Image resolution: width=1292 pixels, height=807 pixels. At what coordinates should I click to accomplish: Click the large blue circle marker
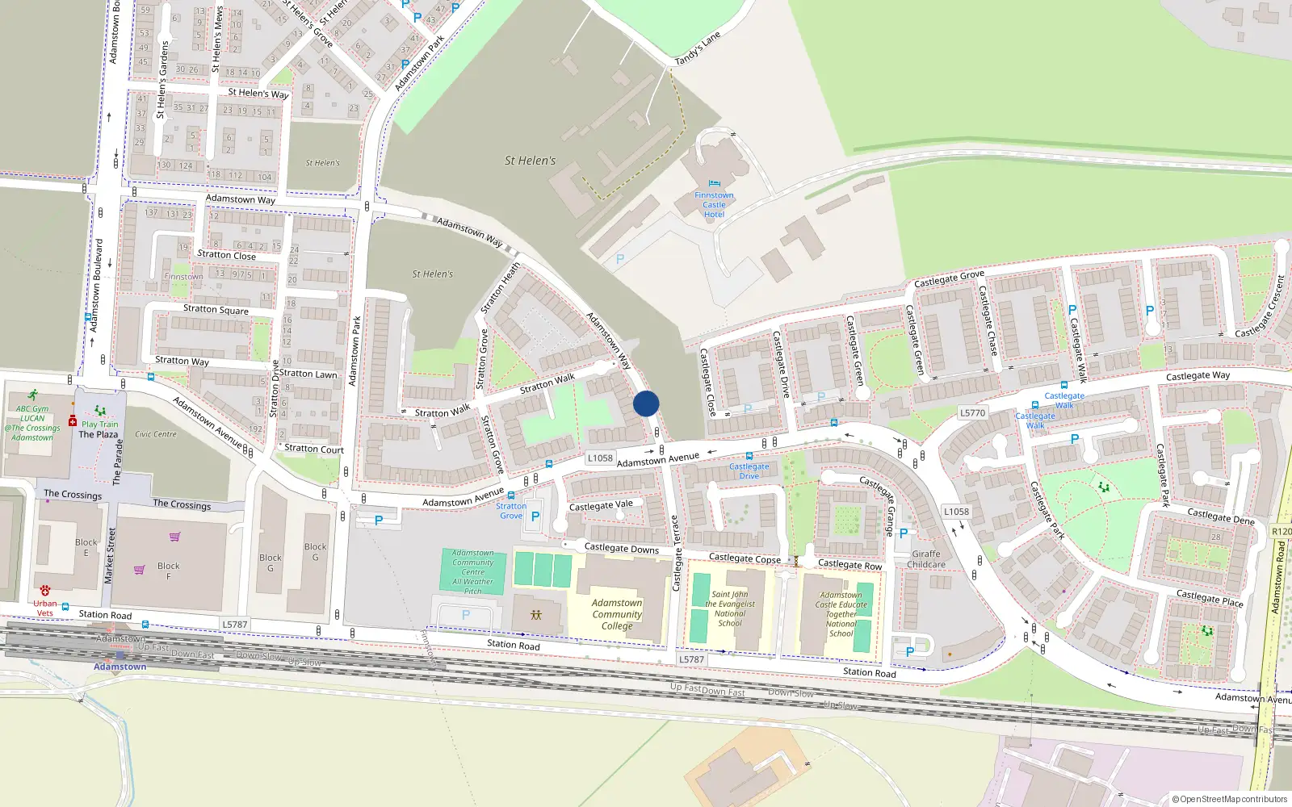tap(646, 403)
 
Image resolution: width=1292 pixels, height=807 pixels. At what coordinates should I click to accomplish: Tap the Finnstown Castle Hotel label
tap(714, 205)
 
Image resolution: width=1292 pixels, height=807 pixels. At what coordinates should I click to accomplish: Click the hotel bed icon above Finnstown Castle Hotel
tap(714, 185)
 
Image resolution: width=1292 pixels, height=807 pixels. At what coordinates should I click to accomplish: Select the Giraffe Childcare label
tap(925, 559)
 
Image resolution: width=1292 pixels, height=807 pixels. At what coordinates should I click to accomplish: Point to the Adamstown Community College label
tap(617, 614)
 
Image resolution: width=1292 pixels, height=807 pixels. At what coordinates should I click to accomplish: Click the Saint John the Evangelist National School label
tap(730, 608)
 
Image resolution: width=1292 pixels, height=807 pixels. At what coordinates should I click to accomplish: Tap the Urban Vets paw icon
tap(45, 591)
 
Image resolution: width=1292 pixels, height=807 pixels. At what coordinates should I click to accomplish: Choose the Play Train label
tap(99, 424)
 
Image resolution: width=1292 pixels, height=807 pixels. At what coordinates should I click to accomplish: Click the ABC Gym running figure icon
tap(32, 395)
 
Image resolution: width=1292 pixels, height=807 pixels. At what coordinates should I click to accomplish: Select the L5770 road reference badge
tap(972, 413)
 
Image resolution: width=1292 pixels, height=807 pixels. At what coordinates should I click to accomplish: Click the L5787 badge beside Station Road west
tap(234, 625)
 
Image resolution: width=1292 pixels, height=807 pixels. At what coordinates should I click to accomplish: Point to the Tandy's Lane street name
tap(697, 49)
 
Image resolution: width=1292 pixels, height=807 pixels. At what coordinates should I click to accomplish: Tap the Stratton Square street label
tap(216, 309)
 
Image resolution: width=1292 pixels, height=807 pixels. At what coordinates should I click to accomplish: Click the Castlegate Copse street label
tap(745, 558)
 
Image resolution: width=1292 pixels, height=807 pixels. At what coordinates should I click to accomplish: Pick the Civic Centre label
tap(156, 434)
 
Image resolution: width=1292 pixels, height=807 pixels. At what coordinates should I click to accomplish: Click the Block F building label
tap(168, 571)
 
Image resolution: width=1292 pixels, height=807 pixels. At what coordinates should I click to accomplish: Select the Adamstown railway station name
tap(120, 667)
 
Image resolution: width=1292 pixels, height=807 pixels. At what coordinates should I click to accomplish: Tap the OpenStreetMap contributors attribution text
tap(1233, 799)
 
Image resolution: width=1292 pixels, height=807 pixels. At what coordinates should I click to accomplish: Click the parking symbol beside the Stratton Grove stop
tap(535, 516)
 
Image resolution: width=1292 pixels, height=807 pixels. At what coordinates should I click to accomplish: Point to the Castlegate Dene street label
tap(1220, 516)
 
